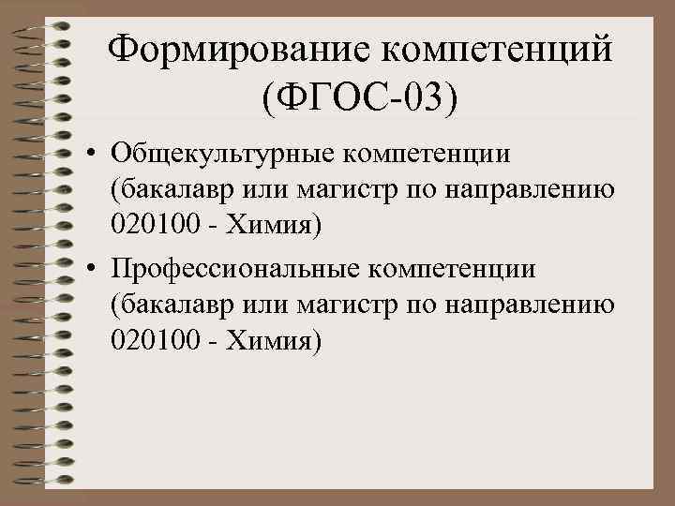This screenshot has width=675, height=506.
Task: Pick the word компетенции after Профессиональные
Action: click(452, 270)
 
